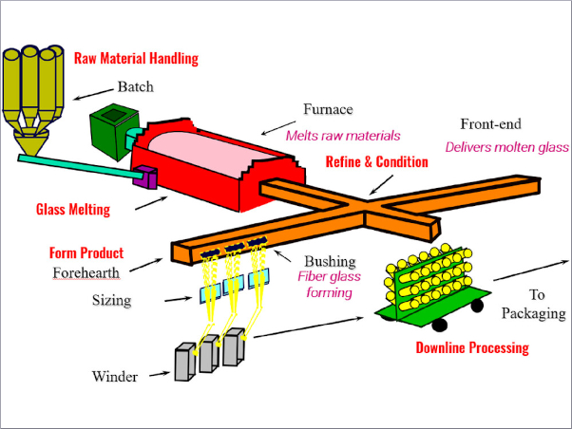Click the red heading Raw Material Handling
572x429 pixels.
coord(136,59)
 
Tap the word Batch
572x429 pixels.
coord(136,86)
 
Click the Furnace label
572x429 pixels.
coord(329,109)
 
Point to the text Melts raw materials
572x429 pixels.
coord(343,135)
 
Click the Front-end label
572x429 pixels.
coord(491,124)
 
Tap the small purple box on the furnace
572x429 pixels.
coord(147,176)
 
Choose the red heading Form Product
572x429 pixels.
coord(86,253)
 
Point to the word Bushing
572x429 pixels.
coord(330,261)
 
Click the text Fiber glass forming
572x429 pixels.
coord(325,285)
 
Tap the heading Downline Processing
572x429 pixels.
coord(471,348)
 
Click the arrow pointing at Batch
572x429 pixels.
coord(95,92)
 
